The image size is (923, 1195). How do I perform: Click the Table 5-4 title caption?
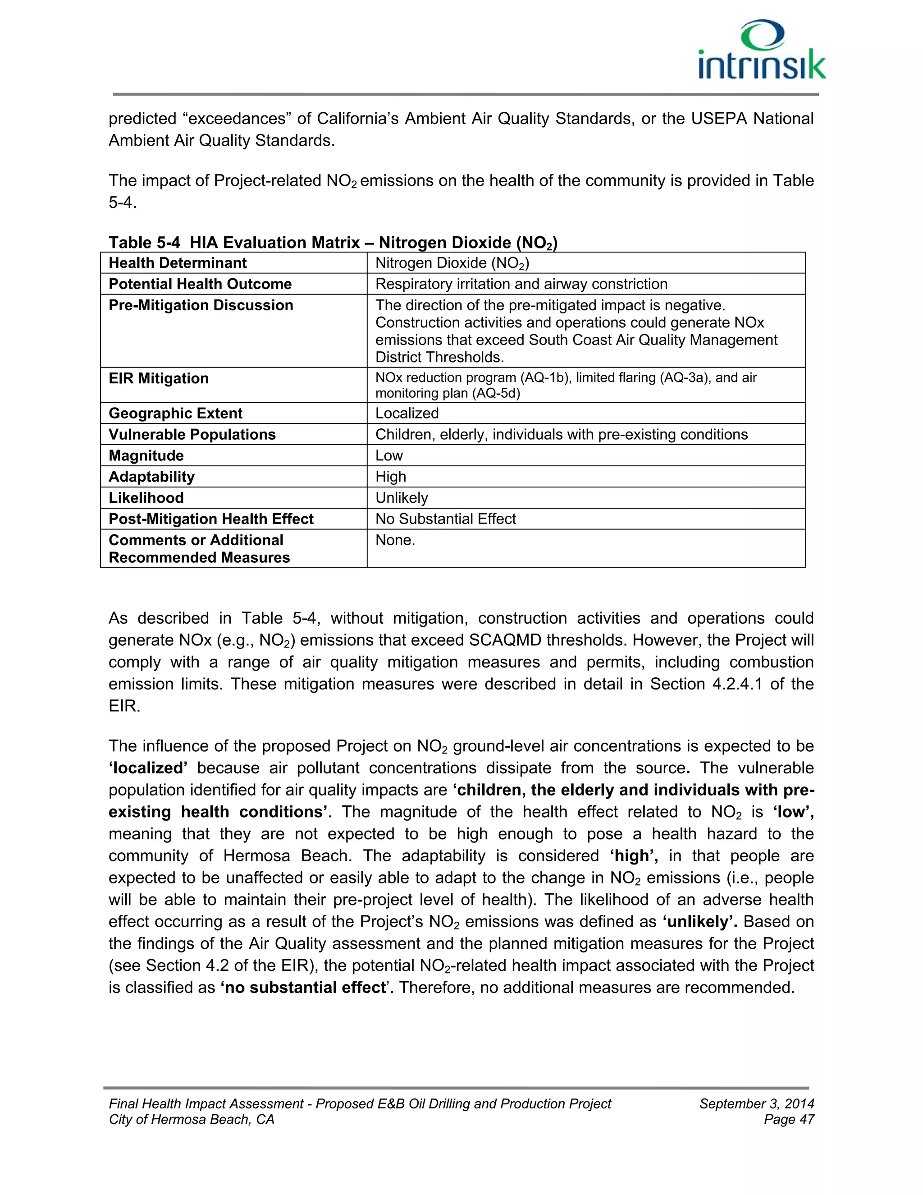tap(333, 243)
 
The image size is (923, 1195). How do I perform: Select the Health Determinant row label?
tap(178, 263)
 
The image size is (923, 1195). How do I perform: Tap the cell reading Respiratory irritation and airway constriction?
tap(521, 284)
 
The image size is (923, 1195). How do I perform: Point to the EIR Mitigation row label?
tap(159, 379)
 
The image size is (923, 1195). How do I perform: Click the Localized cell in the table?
tap(407, 413)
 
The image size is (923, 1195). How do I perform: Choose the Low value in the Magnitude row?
tap(389, 455)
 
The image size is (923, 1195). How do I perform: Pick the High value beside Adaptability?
tap(390, 477)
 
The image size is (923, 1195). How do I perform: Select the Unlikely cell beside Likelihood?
tap(402, 497)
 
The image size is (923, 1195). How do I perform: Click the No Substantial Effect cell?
tap(445, 519)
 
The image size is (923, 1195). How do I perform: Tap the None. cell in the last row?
tap(395, 540)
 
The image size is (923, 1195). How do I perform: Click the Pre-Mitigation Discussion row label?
tap(201, 305)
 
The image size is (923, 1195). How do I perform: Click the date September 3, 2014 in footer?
tap(756, 1103)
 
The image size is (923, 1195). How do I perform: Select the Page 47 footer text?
tap(789, 1120)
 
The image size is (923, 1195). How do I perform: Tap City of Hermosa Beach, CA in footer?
tap(192, 1120)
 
